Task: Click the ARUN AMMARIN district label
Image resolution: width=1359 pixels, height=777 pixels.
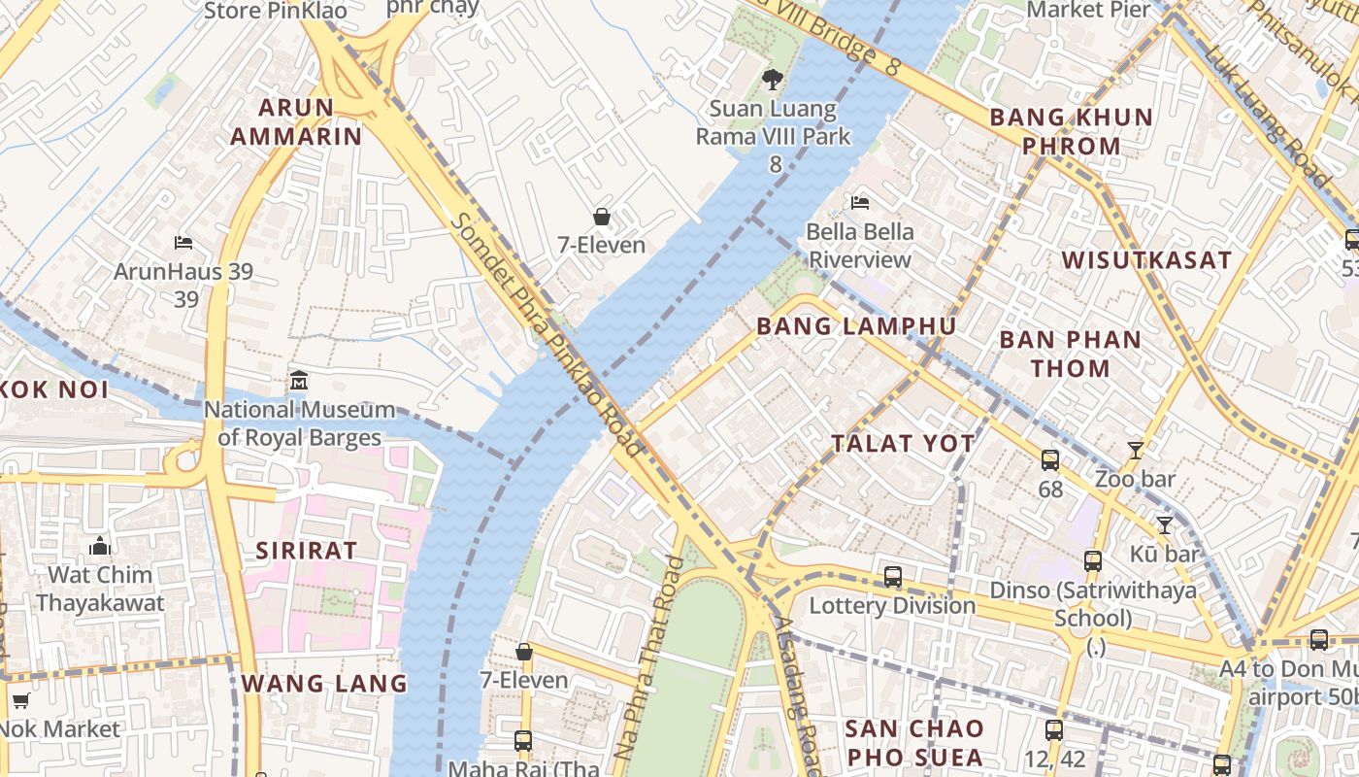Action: (x=295, y=121)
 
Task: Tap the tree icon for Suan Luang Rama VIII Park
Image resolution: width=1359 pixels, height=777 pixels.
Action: (x=773, y=80)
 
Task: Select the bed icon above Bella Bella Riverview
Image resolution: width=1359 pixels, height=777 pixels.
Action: (x=860, y=203)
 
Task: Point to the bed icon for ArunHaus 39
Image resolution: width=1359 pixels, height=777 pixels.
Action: (x=183, y=242)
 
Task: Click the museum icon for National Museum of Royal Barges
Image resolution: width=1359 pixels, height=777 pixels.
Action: (x=299, y=381)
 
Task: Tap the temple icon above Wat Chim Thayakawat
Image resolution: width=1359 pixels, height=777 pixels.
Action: (x=100, y=546)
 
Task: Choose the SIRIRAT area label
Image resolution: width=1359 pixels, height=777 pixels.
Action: (x=307, y=551)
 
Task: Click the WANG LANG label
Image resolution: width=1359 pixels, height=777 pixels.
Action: (x=324, y=683)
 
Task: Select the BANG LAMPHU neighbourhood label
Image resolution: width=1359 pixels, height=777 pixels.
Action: (x=856, y=326)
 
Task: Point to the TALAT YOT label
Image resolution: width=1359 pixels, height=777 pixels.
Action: (x=903, y=444)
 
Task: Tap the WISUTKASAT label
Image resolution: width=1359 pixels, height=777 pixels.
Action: (x=1146, y=260)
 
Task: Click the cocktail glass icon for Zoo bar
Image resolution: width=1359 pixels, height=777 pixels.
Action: (x=1135, y=450)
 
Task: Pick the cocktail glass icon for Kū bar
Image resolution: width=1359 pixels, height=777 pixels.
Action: (x=1165, y=525)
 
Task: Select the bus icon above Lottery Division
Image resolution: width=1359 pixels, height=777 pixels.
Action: (x=893, y=577)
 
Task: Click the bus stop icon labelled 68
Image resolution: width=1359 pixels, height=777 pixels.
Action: (x=1050, y=459)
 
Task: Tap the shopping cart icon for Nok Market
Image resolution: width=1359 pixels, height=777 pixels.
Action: (x=20, y=700)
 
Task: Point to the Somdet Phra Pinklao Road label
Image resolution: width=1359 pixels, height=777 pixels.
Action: (x=547, y=334)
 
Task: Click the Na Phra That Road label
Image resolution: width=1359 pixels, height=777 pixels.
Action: (x=649, y=671)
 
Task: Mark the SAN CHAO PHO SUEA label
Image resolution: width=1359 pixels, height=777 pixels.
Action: (x=913, y=742)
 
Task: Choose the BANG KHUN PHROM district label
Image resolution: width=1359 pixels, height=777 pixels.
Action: (x=1071, y=132)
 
